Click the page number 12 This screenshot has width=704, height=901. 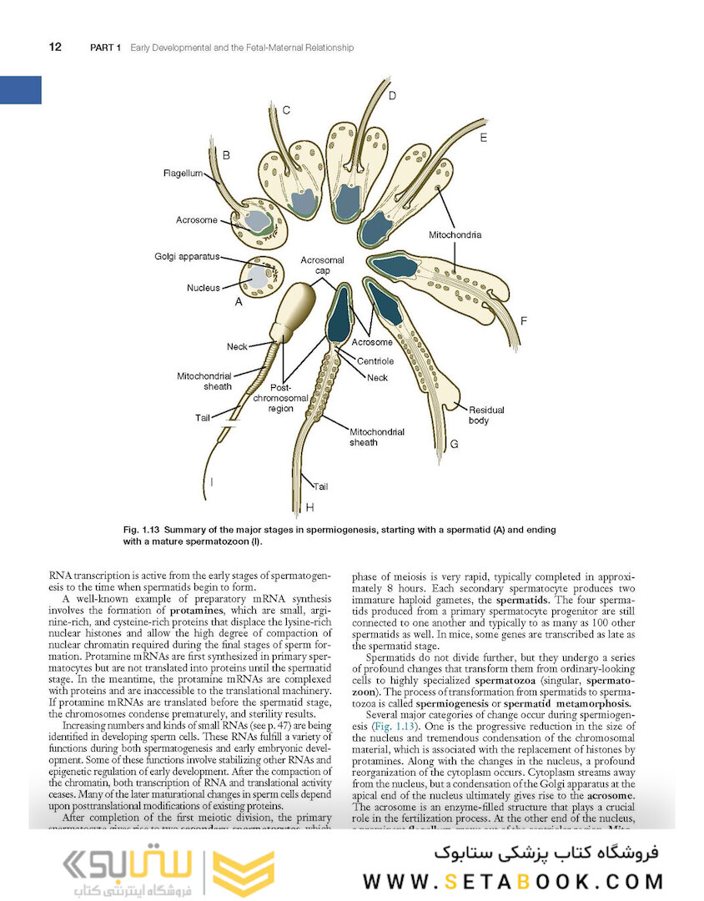[55, 48]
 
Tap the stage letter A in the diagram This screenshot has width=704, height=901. [238, 303]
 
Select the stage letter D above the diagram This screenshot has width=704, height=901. [392, 96]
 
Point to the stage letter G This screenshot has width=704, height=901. [454, 444]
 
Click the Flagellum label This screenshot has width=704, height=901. [183, 174]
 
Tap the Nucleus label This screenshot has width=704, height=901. [204, 288]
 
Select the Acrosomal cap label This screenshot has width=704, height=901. [323, 266]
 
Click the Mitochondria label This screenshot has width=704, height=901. [455, 235]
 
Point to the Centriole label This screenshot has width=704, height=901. [376, 361]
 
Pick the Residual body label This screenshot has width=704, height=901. [486, 415]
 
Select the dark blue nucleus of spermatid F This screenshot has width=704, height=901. [398, 266]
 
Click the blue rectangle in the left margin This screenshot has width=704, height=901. [20, 89]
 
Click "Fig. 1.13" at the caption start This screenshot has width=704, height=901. [141, 530]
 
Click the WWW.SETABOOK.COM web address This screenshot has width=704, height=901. [512, 881]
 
